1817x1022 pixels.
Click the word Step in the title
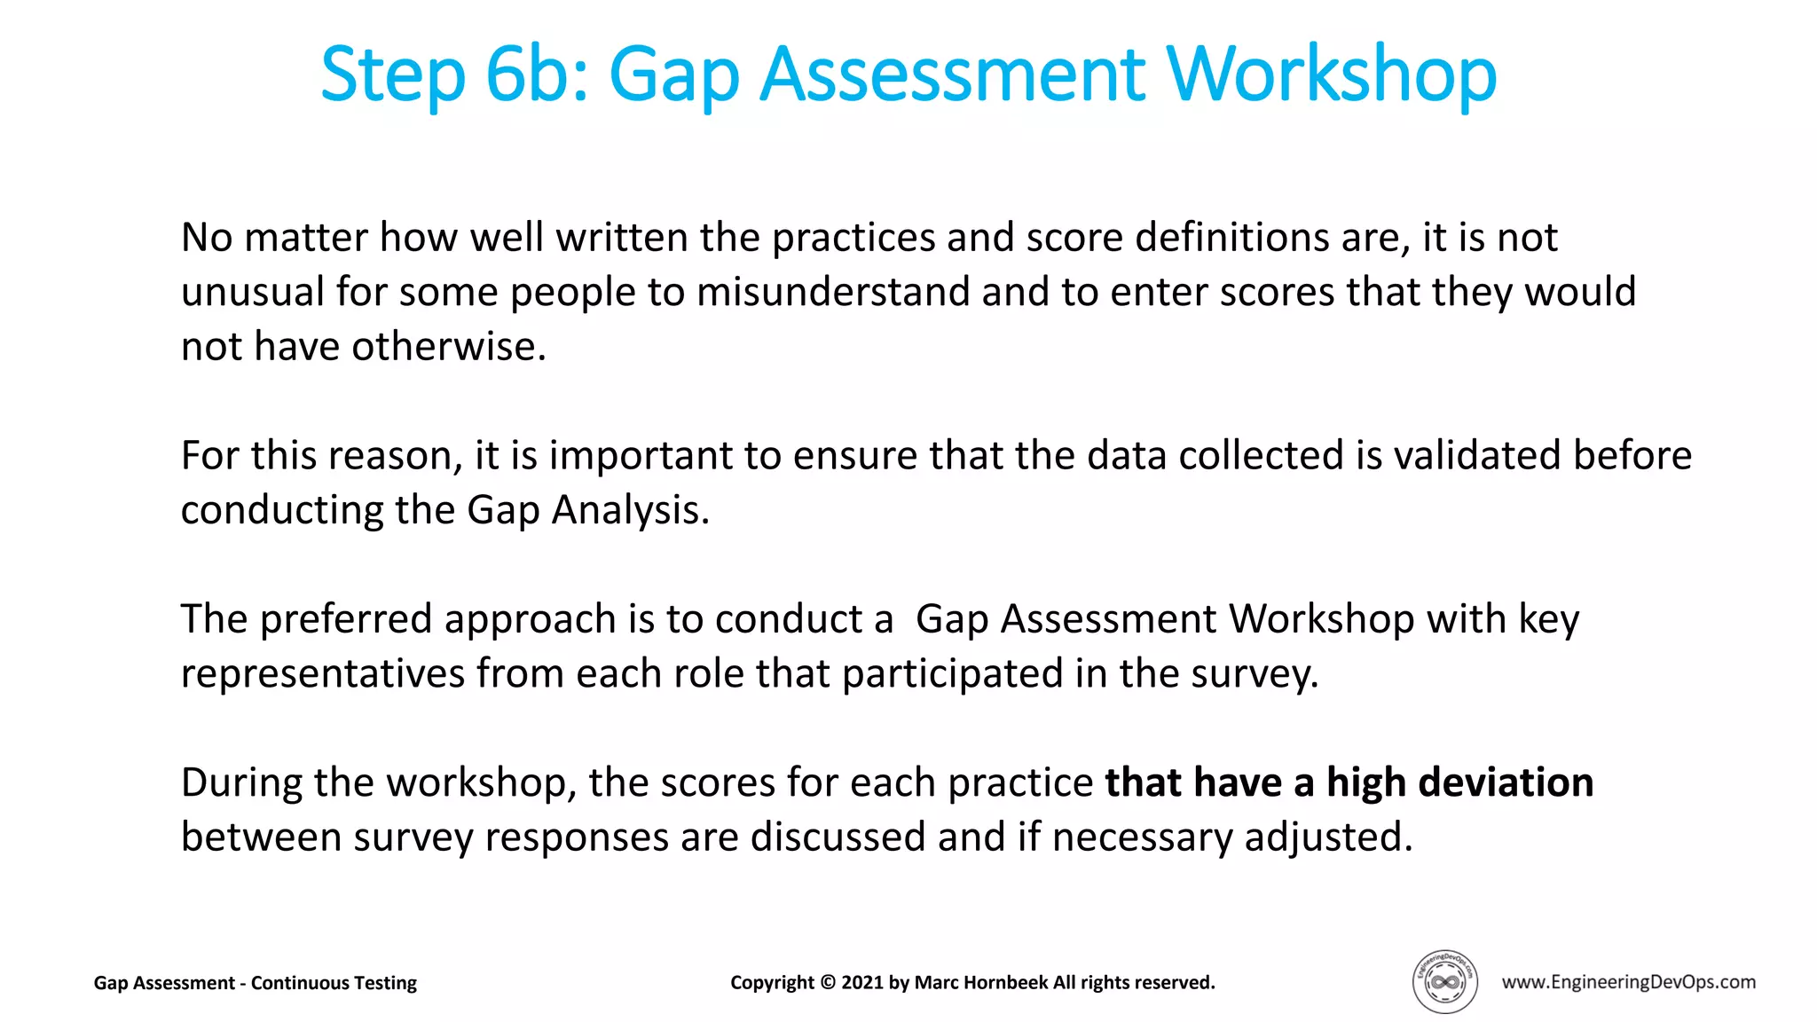click(392, 76)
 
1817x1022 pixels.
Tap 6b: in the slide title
click(538, 75)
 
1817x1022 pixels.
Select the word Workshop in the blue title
click(1331, 76)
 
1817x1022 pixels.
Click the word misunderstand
click(833, 292)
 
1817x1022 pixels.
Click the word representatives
click(323, 673)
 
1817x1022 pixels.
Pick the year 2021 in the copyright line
click(862, 983)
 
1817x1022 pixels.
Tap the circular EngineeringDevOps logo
click(1444, 981)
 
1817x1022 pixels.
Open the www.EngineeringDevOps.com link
click(1628, 982)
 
